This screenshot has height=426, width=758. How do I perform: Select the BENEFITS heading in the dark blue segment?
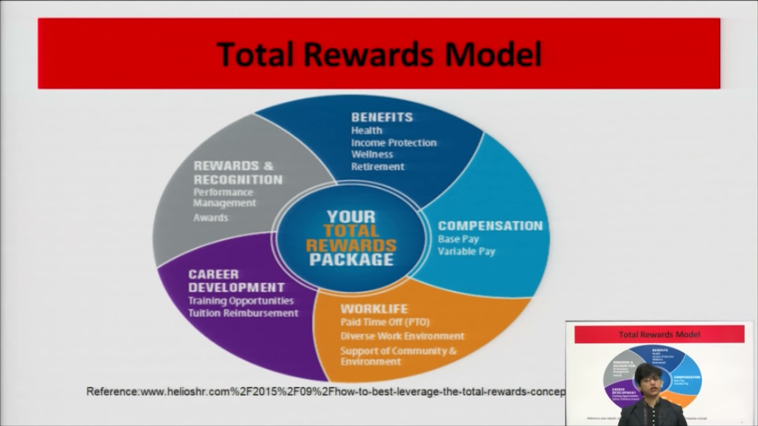[x=382, y=117]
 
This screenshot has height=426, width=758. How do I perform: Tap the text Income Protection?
[x=394, y=143]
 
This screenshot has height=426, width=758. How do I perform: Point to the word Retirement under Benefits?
[x=378, y=167]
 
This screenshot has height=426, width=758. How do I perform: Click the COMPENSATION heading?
[x=490, y=225]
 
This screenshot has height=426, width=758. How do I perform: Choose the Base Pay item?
[x=458, y=239]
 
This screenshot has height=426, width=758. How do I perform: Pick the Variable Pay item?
[x=466, y=251]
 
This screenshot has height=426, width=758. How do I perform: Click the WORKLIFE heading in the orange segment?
[x=374, y=309]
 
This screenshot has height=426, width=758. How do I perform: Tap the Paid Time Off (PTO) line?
[x=385, y=322]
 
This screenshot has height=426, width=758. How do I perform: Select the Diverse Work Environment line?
[x=402, y=336]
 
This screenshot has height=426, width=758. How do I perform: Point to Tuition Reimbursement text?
[x=243, y=313]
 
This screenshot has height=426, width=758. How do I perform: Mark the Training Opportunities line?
[x=240, y=301]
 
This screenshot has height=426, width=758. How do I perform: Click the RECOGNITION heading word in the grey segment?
[x=238, y=179]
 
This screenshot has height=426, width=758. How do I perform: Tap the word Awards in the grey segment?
[x=210, y=218]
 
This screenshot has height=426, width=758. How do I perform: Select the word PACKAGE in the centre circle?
[x=351, y=259]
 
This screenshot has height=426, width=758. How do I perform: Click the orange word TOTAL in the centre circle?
[x=351, y=231]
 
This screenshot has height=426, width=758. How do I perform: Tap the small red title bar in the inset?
[x=659, y=334]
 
